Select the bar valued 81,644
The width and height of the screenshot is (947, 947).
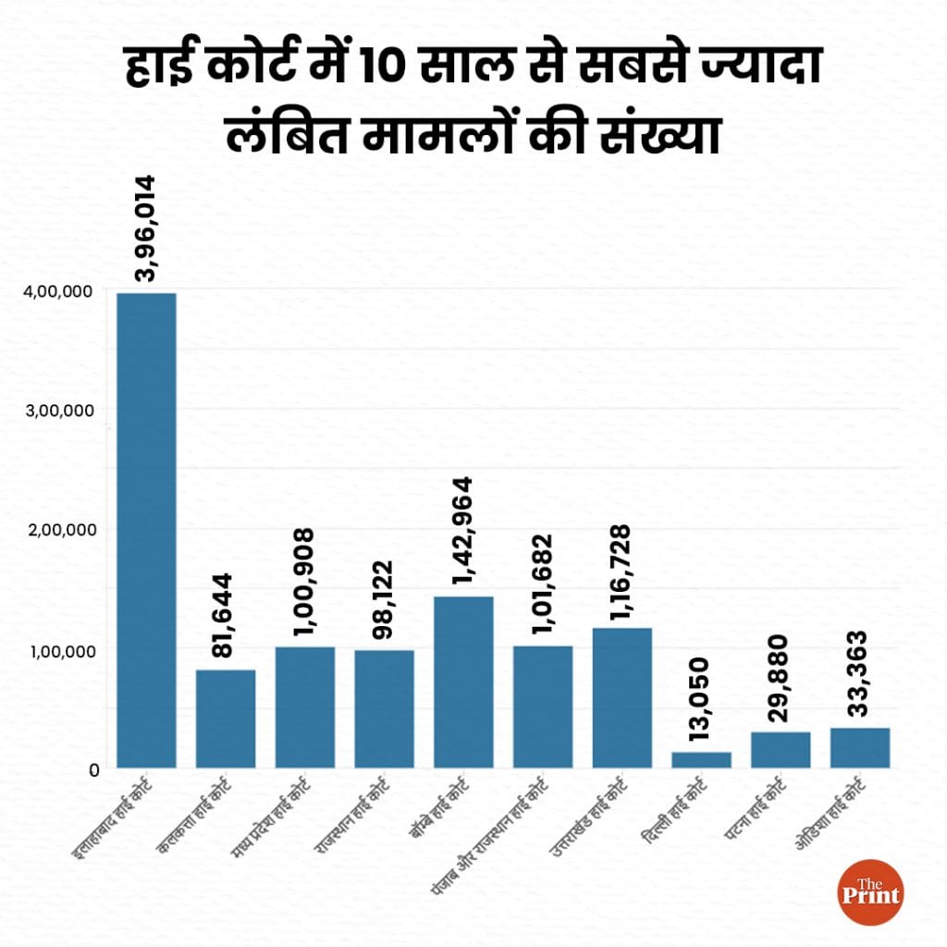tap(226, 719)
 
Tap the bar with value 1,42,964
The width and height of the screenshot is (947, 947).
tap(463, 682)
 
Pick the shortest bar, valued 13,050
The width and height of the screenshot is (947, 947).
tap(701, 759)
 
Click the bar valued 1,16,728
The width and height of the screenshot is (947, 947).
tap(621, 697)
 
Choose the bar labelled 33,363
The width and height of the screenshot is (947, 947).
tap(860, 747)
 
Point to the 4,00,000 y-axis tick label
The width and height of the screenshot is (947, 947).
tap(57, 291)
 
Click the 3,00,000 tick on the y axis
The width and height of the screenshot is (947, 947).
tap(57, 411)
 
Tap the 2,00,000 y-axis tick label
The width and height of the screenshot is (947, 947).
tap(57, 530)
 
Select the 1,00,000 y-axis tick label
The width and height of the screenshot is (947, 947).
tap(57, 650)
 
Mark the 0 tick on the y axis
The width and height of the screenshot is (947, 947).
tap(93, 769)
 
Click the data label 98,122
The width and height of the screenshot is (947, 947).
tap(383, 598)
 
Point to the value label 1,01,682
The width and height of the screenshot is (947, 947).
tap(542, 584)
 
